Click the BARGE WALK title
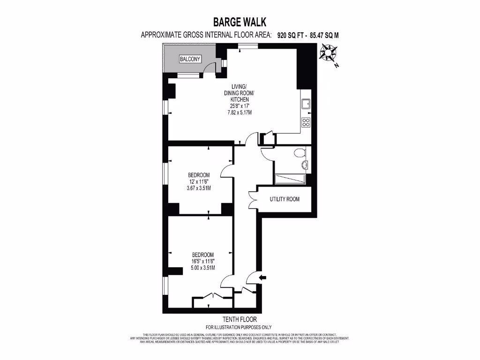pyautogui.click(x=240, y=22)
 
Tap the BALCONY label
pyautogui.click(x=190, y=59)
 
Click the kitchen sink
pyautogui.click(x=306, y=104)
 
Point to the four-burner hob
pyautogui.click(x=306, y=123)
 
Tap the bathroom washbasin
pyautogui.click(x=305, y=165)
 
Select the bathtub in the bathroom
pyautogui.click(x=290, y=179)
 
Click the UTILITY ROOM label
pyautogui.click(x=284, y=199)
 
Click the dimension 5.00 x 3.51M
pyautogui.click(x=202, y=268)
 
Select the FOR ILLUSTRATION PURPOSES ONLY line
pyautogui.click(x=239, y=327)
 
